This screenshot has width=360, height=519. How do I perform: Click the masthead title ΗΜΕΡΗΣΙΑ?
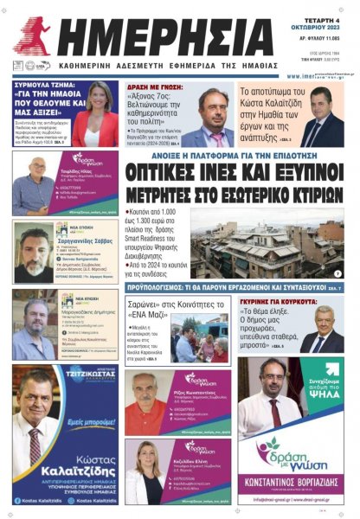click(x=156, y=32)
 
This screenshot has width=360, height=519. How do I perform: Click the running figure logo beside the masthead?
click(x=33, y=35)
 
